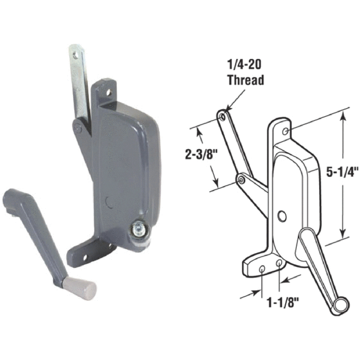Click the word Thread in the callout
245,80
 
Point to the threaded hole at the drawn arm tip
223,116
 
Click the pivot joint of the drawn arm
241,179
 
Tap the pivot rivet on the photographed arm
78,128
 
